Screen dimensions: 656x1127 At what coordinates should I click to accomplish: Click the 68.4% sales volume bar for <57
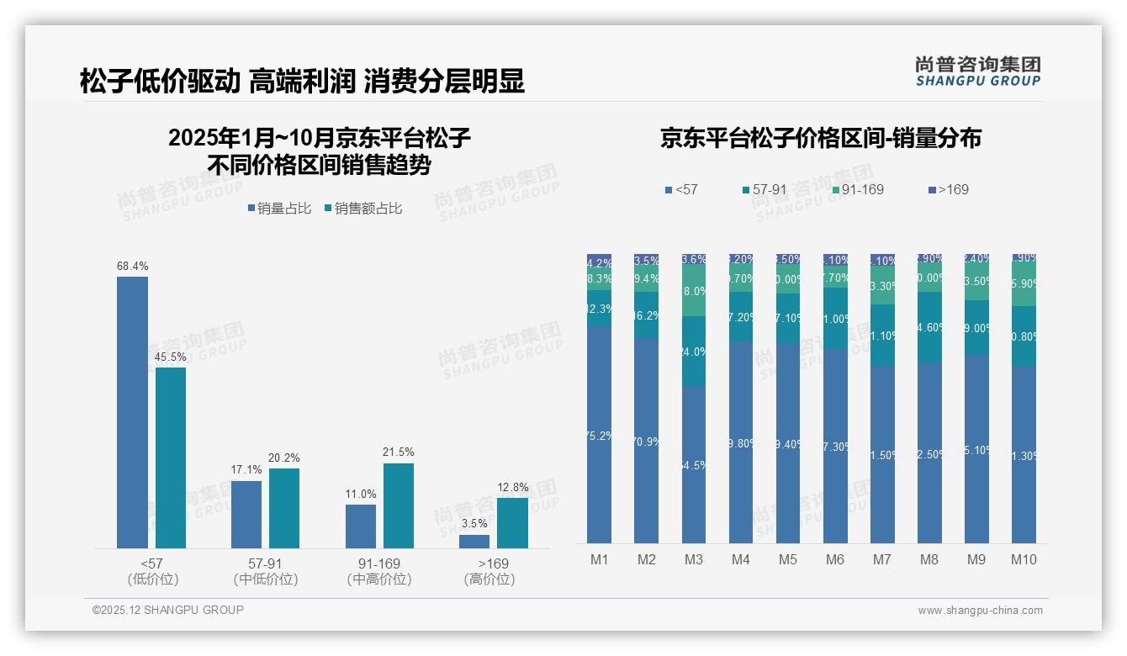pyautogui.click(x=132, y=412)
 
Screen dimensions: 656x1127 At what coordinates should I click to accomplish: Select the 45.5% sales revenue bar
pyautogui.click(x=171, y=458)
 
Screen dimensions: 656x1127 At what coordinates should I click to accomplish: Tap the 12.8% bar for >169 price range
pyautogui.click(x=512, y=523)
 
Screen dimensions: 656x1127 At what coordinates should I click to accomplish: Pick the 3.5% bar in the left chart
pyautogui.click(x=474, y=542)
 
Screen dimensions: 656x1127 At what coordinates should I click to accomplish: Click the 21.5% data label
pyautogui.click(x=398, y=452)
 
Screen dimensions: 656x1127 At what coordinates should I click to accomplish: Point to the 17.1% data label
pyautogui.click(x=246, y=469)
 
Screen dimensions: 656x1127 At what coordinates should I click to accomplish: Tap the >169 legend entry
pyautogui.click(x=948, y=189)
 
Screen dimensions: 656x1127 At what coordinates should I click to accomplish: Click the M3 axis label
pyautogui.click(x=693, y=559)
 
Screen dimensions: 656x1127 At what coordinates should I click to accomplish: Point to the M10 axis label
pyautogui.click(x=1023, y=559)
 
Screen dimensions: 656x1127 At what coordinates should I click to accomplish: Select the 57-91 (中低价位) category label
pyautogui.click(x=266, y=571)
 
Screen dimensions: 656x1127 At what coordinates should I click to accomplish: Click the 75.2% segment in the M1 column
pyautogui.click(x=599, y=435)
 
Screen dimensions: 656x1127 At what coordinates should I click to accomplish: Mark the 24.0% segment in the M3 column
pyautogui.click(x=693, y=352)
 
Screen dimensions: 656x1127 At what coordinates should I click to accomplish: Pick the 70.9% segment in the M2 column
pyautogui.click(x=646, y=441)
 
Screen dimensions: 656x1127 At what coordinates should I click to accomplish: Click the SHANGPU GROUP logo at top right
pyautogui.click(x=977, y=71)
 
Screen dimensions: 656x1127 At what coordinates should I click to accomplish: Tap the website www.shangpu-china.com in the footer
pyautogui.click(x=980, y=611)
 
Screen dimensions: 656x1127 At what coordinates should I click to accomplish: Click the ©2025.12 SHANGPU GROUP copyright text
pyautogui.click(x=168, y=610)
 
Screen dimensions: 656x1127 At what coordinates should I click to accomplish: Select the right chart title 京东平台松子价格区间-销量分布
pyautogui.click(x=820, y=138)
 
